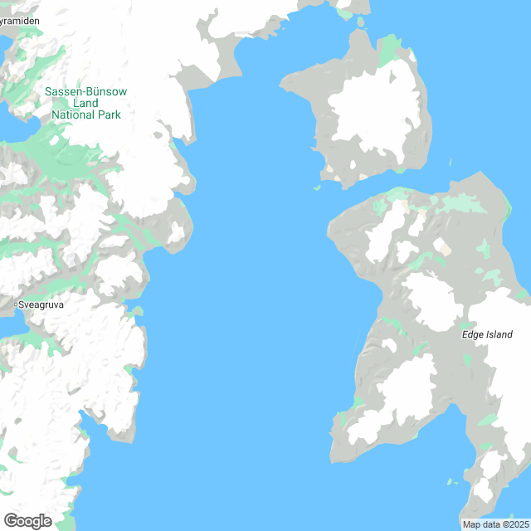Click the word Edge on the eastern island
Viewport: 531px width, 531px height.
pos(472,335)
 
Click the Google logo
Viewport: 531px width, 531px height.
pos(27,521)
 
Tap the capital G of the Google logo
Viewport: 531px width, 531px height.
pos(10,521)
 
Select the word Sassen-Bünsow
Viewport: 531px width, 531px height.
pos(86,92)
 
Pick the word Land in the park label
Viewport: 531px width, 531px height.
pos(86,103)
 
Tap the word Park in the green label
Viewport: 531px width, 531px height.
pos(109,114)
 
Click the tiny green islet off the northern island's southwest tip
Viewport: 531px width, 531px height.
pos(317,188)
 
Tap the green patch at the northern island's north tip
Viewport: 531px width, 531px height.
pos(387,50)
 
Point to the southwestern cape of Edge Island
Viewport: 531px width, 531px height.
pos(337,452)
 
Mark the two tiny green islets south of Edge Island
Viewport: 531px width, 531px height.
pos(451,482)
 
